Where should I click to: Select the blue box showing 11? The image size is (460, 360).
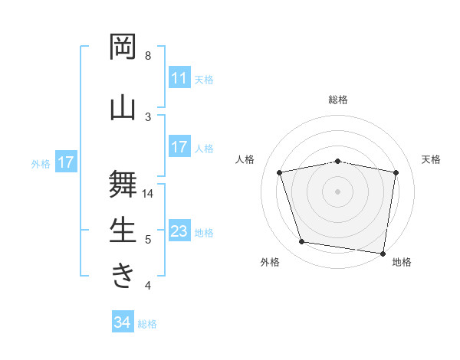click(x=179, y=78)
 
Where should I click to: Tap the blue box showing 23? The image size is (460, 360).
click(x=179, y=231)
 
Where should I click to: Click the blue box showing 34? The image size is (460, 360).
click(x=122, y=322)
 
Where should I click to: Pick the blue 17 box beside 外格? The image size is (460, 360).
click(x=65, y=162)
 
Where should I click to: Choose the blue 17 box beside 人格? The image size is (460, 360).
click(x=179, y=147)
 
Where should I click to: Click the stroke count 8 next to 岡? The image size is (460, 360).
click(x=148, y=56)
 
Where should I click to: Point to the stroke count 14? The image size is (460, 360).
click(x=148, y=194)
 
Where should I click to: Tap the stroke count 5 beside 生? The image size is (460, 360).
click(x=148, y=240)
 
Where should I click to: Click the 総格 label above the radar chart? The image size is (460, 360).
click(x=338, y=100)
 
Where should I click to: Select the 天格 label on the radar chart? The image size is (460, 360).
click(x=431, y=159)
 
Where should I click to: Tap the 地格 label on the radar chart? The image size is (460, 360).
click(x=402, y=262)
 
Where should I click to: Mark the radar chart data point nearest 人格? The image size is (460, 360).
click(x=280, y=172)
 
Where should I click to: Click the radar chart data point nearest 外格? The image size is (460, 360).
click(x=302, y=242)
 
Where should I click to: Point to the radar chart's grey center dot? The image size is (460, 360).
click(x=338, y=191)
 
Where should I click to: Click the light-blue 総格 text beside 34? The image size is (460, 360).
click(x=147, y=324)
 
